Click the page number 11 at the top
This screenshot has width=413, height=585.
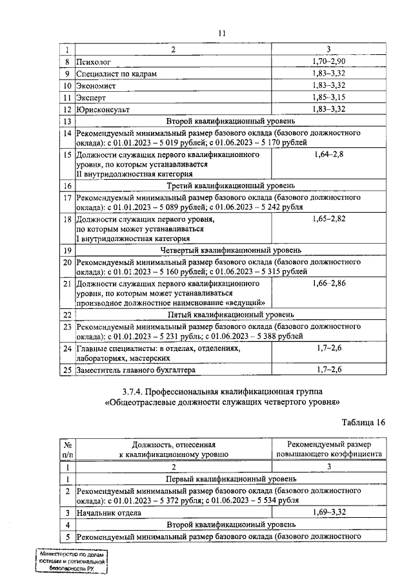coord(221,33)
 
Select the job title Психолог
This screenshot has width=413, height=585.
coord(94,62)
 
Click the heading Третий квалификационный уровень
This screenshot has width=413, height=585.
coord(230,186)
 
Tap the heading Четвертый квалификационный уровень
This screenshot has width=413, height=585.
coord(230,250)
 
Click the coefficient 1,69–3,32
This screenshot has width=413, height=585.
coord(330,512)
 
